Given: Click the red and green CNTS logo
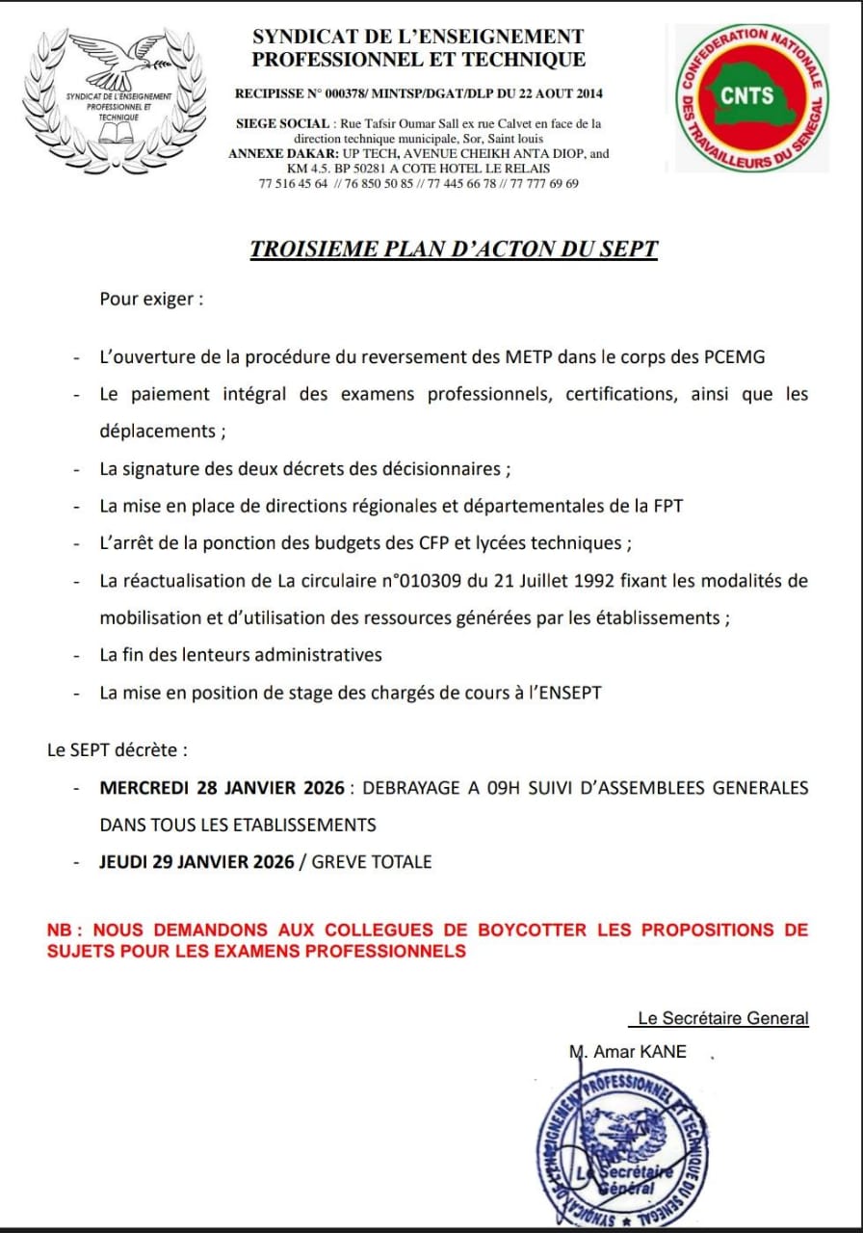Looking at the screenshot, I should tap(747, 97).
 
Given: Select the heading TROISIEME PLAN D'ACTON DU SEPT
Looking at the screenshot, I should tap(454, 249).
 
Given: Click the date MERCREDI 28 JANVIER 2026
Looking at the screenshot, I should tap(222, 788).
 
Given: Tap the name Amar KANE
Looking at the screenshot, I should tap(640, 1052).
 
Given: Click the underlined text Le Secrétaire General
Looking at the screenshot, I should tap(723, 1018).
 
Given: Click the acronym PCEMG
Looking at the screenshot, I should tap(729, 357).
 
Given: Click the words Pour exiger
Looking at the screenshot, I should tap(151, 299).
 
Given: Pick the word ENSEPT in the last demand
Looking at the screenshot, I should tap(568, 693).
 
